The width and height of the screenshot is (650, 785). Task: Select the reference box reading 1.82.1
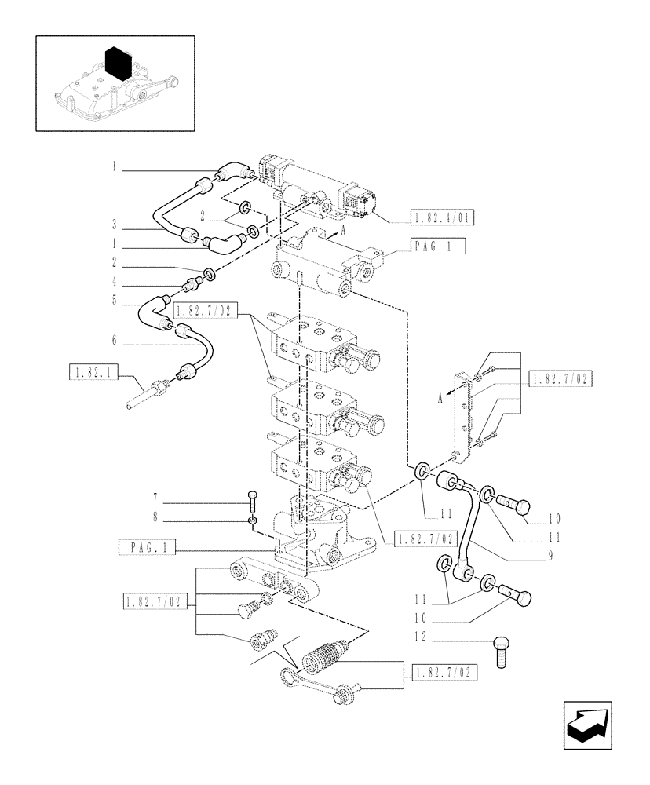click(x=93, y=373)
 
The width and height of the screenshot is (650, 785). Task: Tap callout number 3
click(x=114, y=224)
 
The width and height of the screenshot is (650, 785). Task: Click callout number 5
click(x=114, y=299)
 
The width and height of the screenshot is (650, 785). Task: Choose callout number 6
click(x=114, y=339)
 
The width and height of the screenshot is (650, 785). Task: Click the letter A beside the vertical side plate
click(x=440, y=398)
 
